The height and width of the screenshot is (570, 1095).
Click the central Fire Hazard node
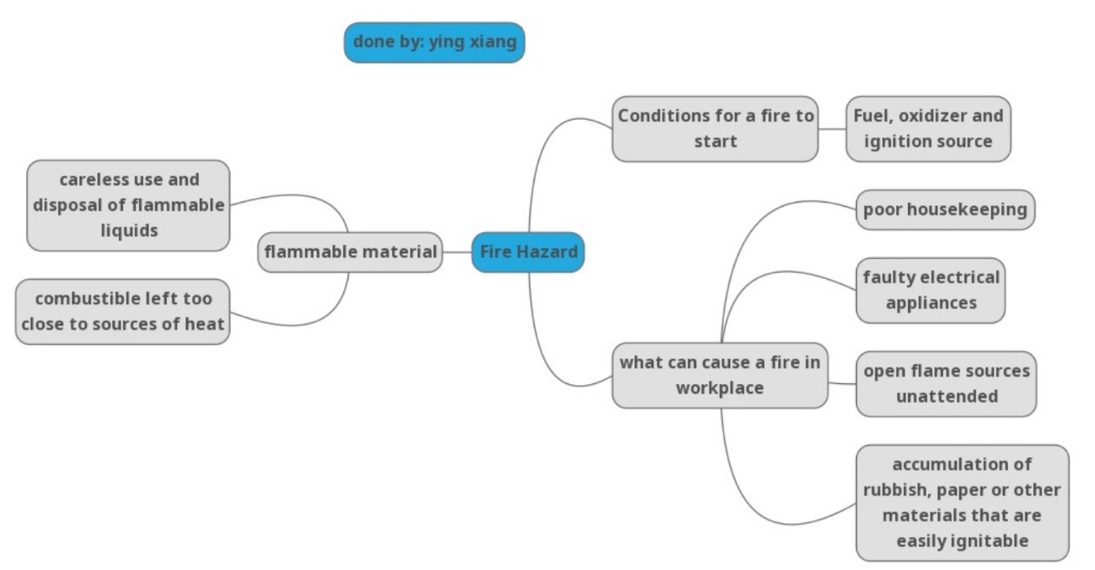coord(528,252)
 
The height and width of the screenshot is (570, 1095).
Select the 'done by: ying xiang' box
coord(434,43)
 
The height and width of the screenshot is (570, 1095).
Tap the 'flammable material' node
coord(350,252)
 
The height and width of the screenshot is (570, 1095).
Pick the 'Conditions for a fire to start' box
coord(714,129)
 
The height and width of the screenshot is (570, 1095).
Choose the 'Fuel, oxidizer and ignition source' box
coord(928,129)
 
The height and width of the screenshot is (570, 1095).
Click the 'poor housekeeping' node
coord(945,209)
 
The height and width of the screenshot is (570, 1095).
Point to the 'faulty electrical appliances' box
coord(931,290)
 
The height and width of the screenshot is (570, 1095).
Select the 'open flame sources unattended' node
coord(946,383)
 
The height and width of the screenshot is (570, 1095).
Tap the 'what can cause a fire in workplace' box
coord(720,375)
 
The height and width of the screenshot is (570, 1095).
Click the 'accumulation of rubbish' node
coord(962,502)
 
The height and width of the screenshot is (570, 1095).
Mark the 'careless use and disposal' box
coord(129,205)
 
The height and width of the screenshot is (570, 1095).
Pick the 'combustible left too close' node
coord(123,311)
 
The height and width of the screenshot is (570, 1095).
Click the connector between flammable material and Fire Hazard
coord(457,253)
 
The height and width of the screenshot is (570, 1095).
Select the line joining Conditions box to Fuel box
coord(832,129)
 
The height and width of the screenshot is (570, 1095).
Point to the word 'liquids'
coord(129,230)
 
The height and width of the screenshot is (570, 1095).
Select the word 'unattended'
coord(946,396)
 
